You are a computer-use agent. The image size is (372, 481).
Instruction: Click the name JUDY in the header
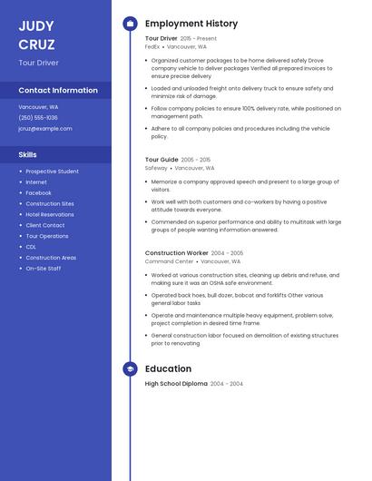tap(36, 26)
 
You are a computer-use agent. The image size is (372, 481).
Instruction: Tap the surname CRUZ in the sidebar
tap(36, 44)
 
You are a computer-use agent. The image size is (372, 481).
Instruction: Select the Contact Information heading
tap(58, 91)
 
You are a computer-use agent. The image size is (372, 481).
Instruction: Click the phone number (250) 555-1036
tap(38, 118)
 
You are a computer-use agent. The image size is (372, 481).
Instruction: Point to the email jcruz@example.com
tap(45, 129)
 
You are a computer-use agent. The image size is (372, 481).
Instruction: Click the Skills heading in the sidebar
tap(28, 155)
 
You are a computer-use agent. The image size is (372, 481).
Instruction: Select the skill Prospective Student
tap(52, 172)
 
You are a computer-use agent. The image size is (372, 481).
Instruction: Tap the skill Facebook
tap(38, 193)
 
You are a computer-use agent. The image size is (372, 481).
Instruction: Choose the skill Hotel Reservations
tap(50, 214)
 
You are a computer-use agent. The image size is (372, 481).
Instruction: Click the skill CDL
tap(31, 247)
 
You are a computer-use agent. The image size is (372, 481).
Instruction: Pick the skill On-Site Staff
tap(44, 269)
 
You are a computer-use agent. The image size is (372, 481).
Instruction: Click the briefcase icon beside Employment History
tap(130, 24)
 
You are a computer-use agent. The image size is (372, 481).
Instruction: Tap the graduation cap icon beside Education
tap(130, 369)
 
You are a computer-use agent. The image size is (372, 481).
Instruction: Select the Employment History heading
tap(191, 24)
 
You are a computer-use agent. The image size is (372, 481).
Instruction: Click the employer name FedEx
tap(152, 46)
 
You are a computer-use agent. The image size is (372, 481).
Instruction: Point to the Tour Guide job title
tap(162, 160)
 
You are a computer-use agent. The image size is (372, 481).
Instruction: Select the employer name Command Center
tap(170, 261)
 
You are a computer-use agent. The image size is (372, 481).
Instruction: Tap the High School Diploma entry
tap(176, 384)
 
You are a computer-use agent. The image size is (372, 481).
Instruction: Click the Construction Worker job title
tap(177, 253)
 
